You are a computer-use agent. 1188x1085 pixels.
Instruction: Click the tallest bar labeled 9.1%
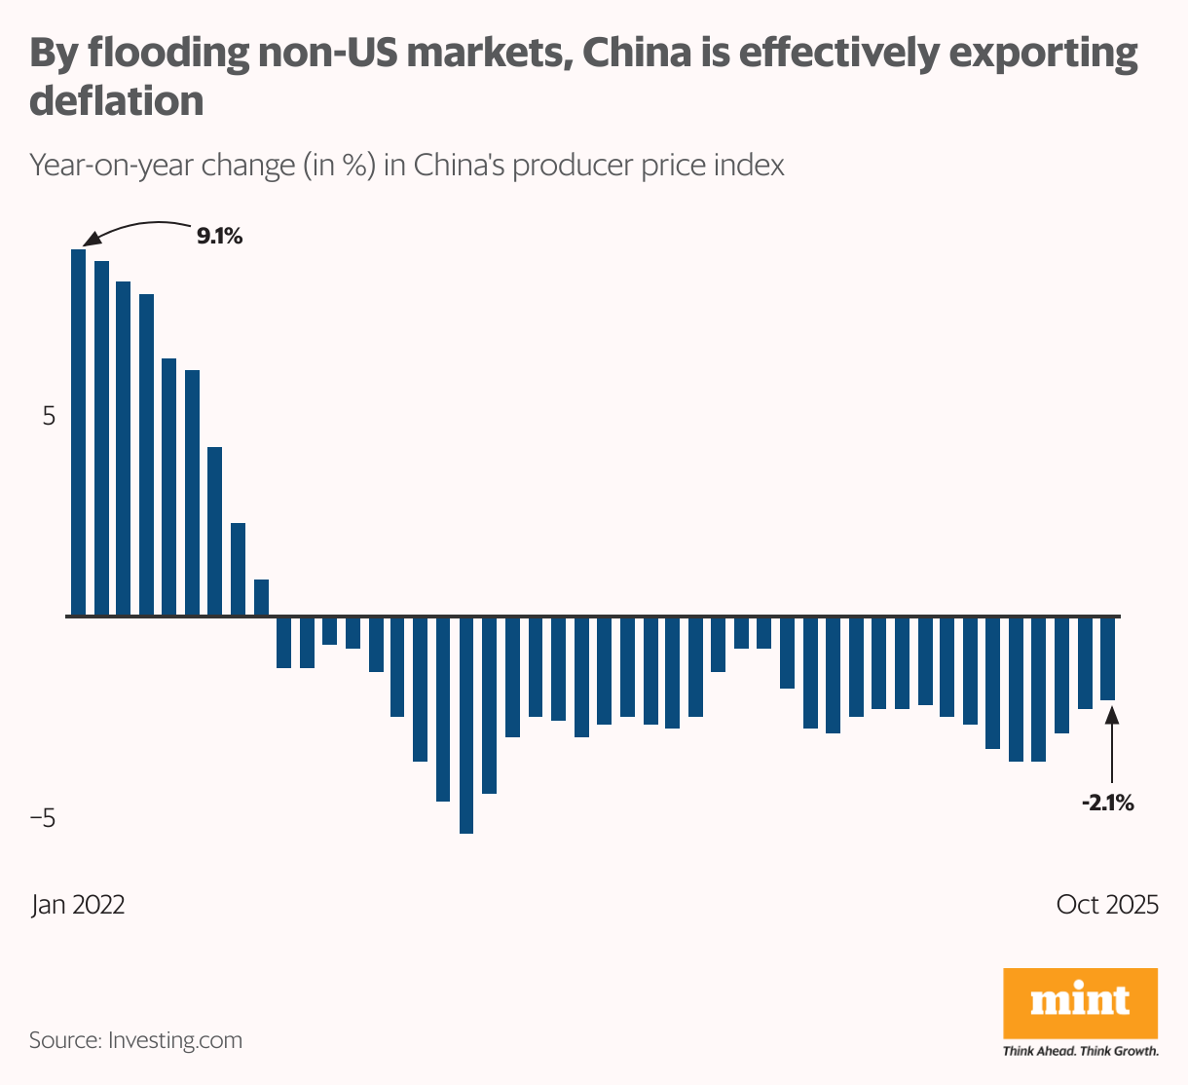coord(78,432)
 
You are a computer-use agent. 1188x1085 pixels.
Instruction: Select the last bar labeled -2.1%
coord(1107,658)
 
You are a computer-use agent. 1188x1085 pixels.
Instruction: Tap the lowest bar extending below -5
coord(465,725)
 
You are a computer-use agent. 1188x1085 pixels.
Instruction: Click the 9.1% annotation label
coord(219,236)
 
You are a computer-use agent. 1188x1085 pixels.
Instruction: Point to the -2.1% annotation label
coord(1107,804)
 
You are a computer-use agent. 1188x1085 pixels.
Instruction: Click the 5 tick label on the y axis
coord(49,416)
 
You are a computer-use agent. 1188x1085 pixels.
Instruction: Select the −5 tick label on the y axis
coord(43,818)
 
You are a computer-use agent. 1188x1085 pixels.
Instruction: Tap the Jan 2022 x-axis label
coord(78,905)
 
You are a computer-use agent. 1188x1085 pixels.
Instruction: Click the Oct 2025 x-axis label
coord(1107,905)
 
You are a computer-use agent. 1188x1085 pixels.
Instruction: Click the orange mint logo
coord(1080,1002)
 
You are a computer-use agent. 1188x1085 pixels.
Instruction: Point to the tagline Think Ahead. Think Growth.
coord(1080,1052)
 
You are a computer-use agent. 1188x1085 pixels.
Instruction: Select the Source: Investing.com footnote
coord(135,1040)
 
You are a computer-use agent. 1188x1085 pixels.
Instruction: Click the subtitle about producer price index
coord(407,166)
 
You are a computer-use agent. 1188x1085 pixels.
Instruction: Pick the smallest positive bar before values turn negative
coord(261,598)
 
